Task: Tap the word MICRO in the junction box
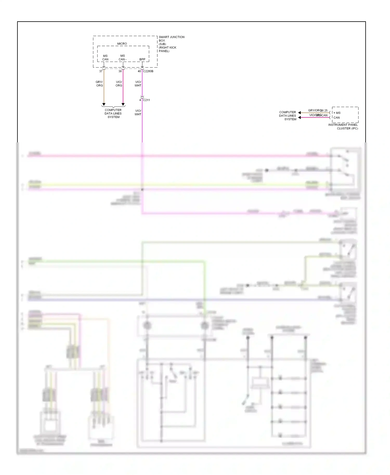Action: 122,44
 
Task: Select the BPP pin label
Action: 142,59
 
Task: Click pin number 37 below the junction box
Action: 101,71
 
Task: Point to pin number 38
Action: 120,71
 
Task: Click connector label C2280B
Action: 148,71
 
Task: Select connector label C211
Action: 146,100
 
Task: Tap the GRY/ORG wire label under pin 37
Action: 99,84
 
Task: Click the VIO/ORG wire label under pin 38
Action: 119,84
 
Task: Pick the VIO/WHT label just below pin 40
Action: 138,84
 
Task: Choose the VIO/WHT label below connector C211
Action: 138,113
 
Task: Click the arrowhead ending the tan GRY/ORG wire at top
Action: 104,104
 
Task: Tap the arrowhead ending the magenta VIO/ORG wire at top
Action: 123,104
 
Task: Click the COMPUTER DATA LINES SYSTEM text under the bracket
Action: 113,114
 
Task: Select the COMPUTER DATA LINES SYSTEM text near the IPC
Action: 288,116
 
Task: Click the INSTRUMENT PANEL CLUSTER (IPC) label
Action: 343,127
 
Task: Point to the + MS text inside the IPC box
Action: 337,113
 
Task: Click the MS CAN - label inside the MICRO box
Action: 122,57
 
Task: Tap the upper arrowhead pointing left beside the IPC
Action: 300,113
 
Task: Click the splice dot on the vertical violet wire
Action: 142,189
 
